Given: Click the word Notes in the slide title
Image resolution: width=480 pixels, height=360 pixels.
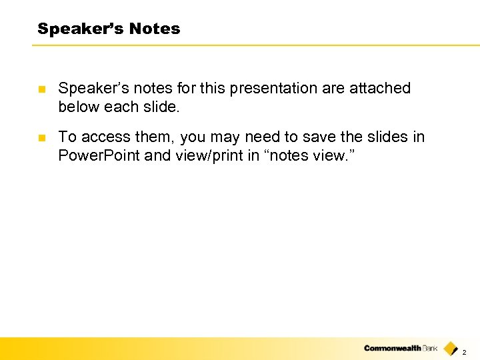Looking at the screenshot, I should pyautogui.click(x=155, y=29).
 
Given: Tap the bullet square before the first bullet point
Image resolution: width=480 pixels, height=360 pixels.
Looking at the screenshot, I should pyautogui.click(x=41, y=89).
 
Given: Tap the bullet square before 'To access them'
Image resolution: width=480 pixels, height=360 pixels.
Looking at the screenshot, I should pyautogui.click(x=41, y=137).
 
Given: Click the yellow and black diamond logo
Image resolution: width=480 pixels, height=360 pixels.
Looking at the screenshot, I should pyautogui.click(x=451, y=347).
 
